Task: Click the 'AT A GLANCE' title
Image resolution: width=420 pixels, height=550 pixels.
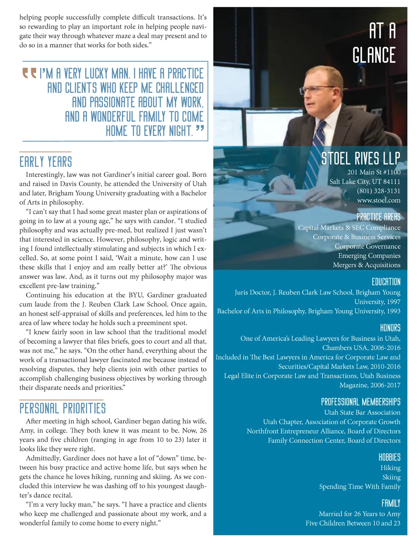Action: click(374, 43)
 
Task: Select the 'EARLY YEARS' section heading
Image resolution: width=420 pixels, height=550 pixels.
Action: click(46, 162)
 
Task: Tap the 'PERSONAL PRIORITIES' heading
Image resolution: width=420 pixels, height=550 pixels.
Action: click(62, 408)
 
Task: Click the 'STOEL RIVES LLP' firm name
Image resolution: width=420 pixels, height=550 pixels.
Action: click(361, 159)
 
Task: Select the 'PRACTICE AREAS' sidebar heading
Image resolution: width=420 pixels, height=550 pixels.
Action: click(378, 217)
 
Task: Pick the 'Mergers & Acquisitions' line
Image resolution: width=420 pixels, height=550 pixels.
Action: click(367, 265)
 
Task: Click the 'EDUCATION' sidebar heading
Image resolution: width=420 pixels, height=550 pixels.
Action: click(386, 282)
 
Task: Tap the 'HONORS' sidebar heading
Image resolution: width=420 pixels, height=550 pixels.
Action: click(390, 328)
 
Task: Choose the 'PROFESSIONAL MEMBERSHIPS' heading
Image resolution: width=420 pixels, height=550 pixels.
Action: click(361, 402)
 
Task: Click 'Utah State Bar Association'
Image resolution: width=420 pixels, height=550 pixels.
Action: click(362, 412)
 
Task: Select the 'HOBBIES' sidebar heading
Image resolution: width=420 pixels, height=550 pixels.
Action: click(389, 457)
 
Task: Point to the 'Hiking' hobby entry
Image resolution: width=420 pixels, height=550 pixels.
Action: click(390, 468)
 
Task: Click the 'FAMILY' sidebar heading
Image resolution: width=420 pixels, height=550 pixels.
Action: click(390, 503)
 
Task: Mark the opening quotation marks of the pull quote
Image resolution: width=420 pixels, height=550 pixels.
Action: click(30, 73)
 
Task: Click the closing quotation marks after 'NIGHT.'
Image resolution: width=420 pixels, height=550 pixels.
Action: click(200, 129)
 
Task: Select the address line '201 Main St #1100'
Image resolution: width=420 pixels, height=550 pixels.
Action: click(374, 172)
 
